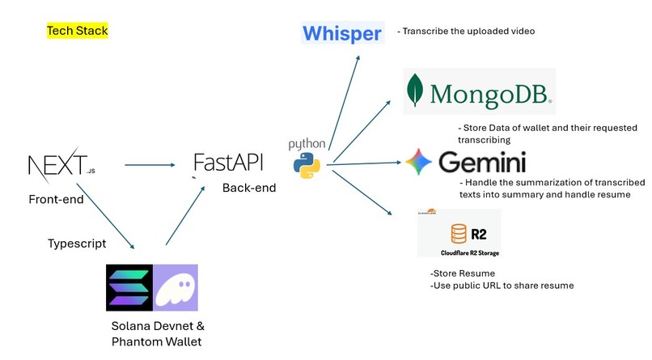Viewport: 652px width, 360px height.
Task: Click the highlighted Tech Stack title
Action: click(x=77, y=31)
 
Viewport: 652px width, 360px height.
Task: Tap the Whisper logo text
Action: click(x=341, y=33)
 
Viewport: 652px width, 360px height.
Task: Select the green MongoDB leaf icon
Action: click(x=417, y=91)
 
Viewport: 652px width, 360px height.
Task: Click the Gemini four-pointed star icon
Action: click(x=419, y=162)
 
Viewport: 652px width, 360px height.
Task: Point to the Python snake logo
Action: click(x=307, y=164)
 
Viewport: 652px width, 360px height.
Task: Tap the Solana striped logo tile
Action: click(x=129, y=287)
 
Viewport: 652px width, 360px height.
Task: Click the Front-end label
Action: click(x=56, y=199)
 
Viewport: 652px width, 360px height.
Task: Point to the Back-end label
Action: click(x=249, y=188)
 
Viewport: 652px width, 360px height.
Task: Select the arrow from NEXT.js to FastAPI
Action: click(x=150, y=166)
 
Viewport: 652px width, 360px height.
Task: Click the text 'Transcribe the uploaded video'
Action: click(x=466, y=32)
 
